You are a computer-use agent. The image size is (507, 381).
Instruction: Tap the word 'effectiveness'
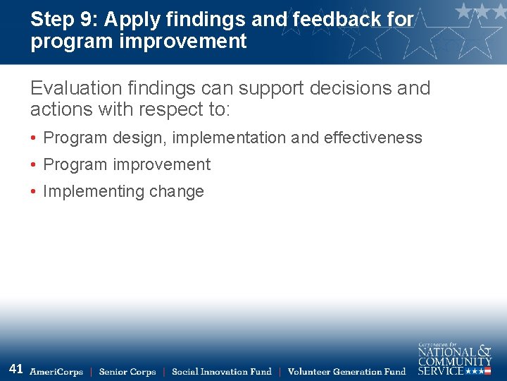pyautogui.click(x=373, y=138)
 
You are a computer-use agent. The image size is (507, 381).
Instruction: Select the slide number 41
pyautogui.click(x=16, y=369)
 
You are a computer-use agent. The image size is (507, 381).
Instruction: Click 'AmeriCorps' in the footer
pyautogui.click(x=56, y=372)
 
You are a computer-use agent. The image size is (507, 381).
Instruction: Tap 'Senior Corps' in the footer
pyautogui.click(x=127, y=372)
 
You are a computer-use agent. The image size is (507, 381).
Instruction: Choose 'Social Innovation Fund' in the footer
pyautogui.click(x=221, y=372)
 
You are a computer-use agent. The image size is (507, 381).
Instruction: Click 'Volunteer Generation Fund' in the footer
pyautogui.click(x=346, y=372)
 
